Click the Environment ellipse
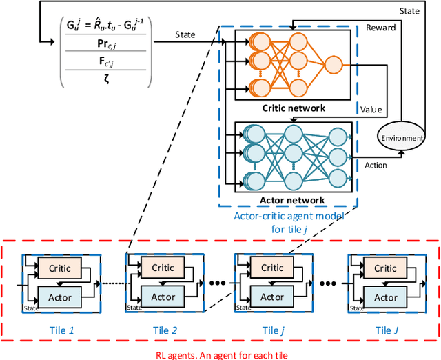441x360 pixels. pos(402,137)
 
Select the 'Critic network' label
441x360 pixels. pos(293,108)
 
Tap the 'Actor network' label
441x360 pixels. pos(294,201)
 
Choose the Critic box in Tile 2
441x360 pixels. pos(163,268)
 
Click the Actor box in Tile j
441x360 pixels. pos(272,297)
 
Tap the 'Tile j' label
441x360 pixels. pos(271,330)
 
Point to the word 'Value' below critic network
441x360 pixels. pos(371,110)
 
